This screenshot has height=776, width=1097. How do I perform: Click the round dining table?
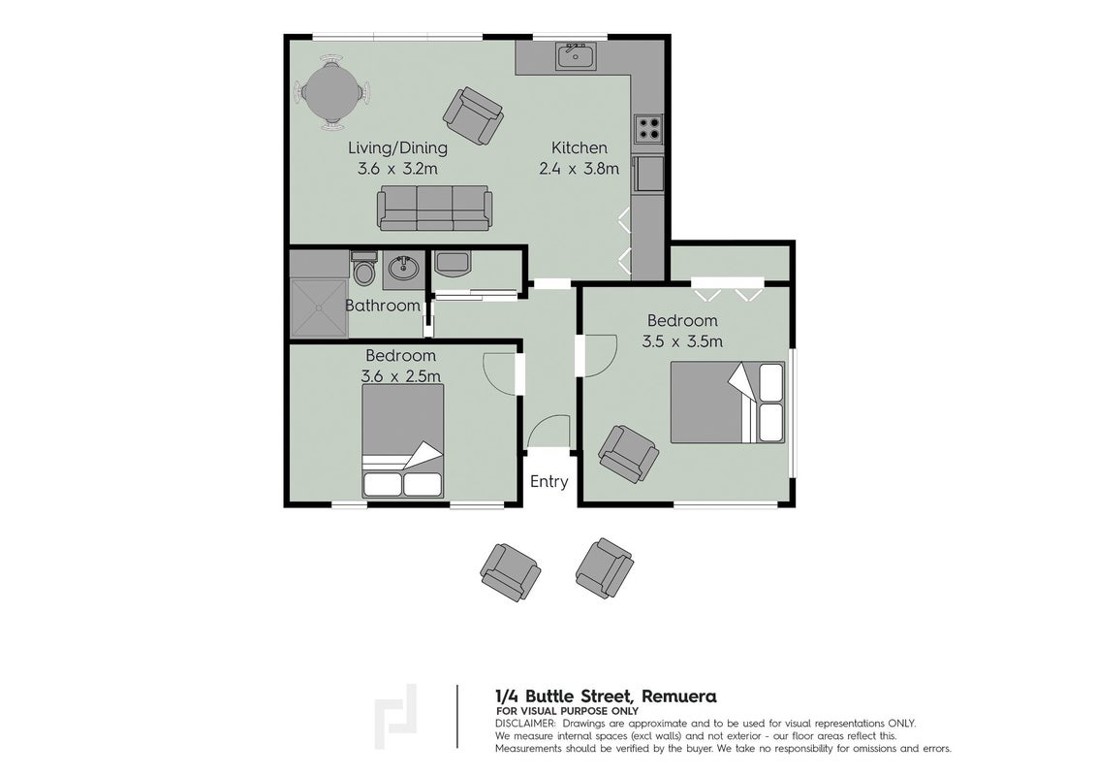tap(332, 92)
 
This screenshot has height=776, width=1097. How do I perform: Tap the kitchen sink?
tap(576, 56)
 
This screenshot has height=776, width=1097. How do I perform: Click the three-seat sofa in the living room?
tap(433, 208)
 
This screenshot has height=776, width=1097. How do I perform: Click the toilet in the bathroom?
tap(363, 269)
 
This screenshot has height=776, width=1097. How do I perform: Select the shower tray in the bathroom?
tap(318, 308)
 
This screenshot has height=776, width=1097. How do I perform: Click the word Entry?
tap(549, 482)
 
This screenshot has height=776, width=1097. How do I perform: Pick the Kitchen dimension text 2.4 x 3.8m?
tap(579, 169)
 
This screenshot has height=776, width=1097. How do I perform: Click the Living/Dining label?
tap(398, 148)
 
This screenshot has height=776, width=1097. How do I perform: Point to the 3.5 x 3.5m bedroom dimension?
tap(682, 341)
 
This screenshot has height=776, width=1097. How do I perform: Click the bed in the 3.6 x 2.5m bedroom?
tap(402, 441)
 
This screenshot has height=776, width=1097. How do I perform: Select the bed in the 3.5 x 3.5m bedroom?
tap(728, 402)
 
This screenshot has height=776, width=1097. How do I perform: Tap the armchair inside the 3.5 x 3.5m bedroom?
tap(628, 454)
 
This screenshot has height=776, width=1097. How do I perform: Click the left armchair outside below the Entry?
tap(510, 572)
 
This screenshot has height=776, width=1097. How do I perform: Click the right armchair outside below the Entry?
tap(604, 568)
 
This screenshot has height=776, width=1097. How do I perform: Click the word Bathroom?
tap(383, 307)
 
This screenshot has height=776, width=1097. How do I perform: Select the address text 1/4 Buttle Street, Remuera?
tap(606, 696)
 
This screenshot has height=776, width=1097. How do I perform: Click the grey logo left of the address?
tap(396, 717)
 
